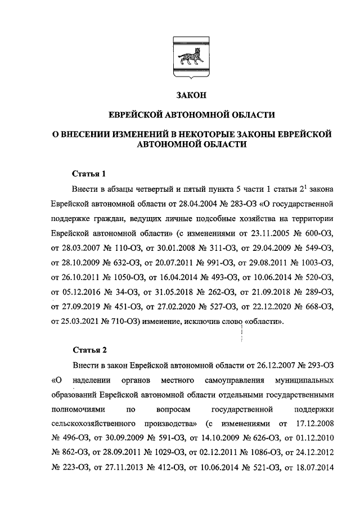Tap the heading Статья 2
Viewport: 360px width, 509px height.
pyautogui.click(x=89, y=351)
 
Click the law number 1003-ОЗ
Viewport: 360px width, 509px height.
pyautogui.click(x=314, y=262)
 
